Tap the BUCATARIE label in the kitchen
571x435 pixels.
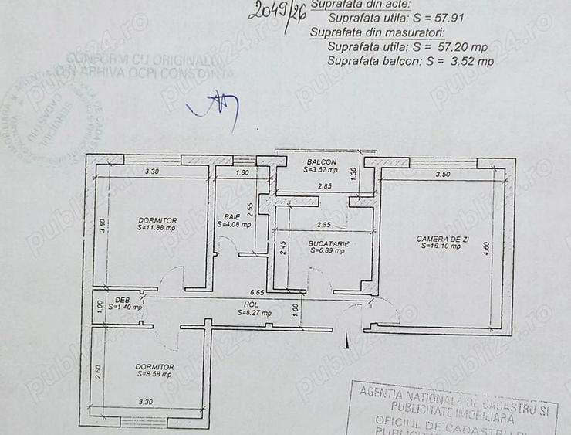(x=328, y=243)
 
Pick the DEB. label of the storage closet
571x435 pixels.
(x=123, y=299)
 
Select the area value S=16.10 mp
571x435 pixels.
(x=441, y=246)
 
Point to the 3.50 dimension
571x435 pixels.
(x=442, y=175)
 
